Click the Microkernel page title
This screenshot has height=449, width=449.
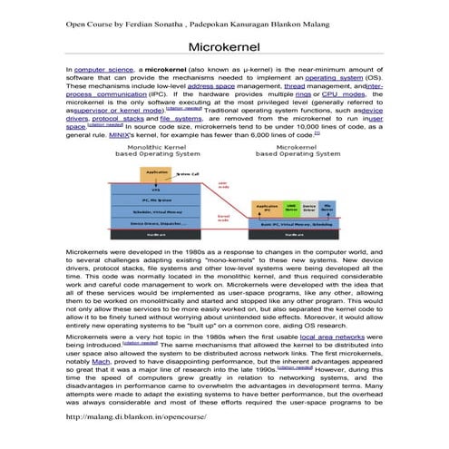pos(224,45)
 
